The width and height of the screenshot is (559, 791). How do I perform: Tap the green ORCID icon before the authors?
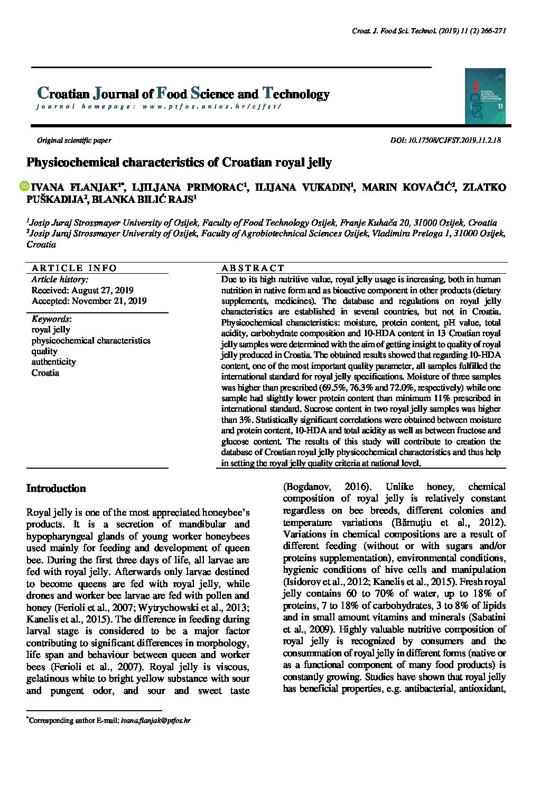click(x=24, y=187)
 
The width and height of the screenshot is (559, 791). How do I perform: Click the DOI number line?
click(x=445, y=140)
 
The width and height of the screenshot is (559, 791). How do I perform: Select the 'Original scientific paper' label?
click(x=74, y=140)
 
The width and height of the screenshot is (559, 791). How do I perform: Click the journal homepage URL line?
click(x=159, y=106)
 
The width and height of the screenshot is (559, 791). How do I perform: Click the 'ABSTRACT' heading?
click(x=253, y=268)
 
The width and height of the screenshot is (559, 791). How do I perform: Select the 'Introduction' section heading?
click(x=56, y=488)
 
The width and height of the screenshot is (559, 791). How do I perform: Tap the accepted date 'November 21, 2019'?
click(x=109, y=301)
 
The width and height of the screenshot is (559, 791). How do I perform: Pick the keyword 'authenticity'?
click(x=53, y=362)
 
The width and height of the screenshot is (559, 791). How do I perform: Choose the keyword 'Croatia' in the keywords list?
click(x=45, y=373)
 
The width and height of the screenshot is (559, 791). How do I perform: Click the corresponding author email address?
click(x=155, y=720)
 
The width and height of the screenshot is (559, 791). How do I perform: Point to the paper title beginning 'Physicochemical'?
click(x=179, y=162)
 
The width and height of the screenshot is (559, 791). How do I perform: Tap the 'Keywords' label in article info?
click(x=51, y=319)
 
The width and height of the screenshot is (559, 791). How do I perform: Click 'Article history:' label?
click(x=60, y=279)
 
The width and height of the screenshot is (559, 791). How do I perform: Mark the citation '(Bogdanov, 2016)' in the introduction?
click(x=327, y=487)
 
